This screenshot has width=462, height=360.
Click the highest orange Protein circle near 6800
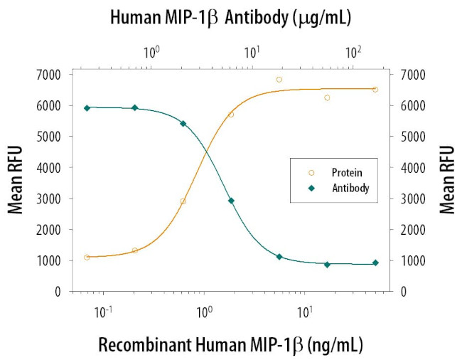point(279,80)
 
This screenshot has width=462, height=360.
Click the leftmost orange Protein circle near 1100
point(87,257)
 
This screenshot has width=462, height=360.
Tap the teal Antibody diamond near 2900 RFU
point(231,201)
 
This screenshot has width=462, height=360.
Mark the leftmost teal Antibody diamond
point(87,108)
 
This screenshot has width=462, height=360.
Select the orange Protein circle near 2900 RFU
point(183,201)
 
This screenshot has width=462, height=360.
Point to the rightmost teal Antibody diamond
point(375,263)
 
